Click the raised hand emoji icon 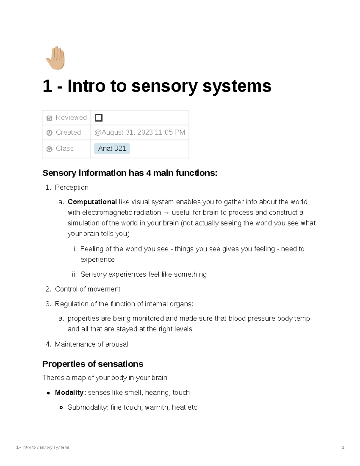tap(56, 58)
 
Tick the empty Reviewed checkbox tap(99, 118)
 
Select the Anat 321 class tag tap(112, 149)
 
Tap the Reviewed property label tap(71, 118)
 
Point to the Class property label tap(64, 149)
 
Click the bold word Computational tap(92, 202)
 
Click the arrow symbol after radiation tap(166, 213)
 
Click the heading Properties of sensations tap(93, 364)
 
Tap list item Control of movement tap(88, 289)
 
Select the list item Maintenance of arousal tap(91, 344)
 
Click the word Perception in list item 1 tap(72, 188)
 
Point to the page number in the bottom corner tap(343, 447)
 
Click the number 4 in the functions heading tap(148, 173)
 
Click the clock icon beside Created tap(49, 133)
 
